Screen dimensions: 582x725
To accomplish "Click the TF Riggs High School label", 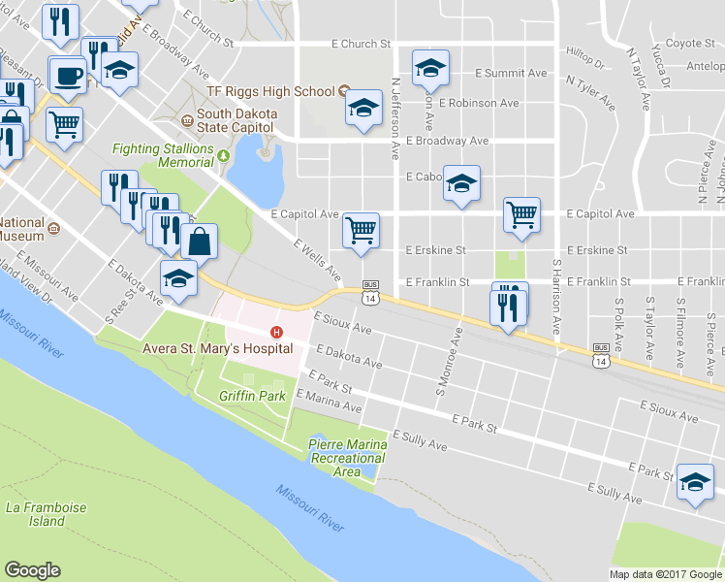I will (x=269, y=91).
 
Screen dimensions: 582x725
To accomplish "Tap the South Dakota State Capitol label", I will (x=236, y=119).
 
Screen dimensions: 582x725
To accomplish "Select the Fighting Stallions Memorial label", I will (x=162, y=155).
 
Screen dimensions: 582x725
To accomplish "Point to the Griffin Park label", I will (x=252, y=396).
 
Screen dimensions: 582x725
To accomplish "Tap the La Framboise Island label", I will (x=34, y=514).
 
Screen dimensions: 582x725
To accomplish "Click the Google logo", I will (x=33, y=570).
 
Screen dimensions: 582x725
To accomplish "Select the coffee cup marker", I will (x=68, y=75).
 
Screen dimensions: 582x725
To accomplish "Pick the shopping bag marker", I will (x=198, y=241).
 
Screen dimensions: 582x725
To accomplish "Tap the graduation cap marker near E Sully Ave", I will (x=695, y=481).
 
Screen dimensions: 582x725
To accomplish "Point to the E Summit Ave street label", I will (x=511, y=73).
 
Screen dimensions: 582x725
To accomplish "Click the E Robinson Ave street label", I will (x=478, y=103).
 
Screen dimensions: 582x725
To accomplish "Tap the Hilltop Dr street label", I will (x=584, y=60).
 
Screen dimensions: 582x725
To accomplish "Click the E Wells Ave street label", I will (x=317, y=257).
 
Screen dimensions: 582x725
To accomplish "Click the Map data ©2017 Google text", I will (x=665, y=574).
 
